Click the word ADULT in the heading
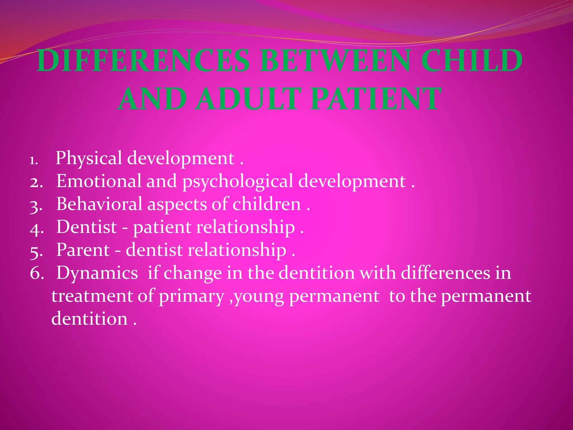coord(248,99)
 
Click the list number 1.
coord(34,161)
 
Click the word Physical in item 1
coord(89,158)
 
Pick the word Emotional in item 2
coord(99,181)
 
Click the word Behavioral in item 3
coord(99,204)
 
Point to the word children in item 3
coord(267,204)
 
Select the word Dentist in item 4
coord(86,227)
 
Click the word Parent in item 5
coord(83,250)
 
